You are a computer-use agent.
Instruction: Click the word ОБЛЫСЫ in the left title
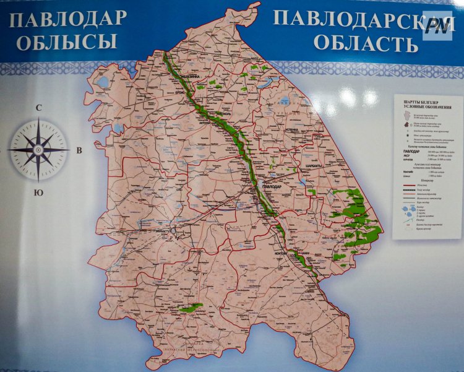[x=67, y=42]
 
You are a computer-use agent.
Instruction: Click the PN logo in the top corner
[x=438, y=25]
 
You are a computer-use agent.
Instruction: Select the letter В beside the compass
[x=79, y=150]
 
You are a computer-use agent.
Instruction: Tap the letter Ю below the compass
[x=38, y=193]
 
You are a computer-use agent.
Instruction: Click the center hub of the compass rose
[x=38, y=150]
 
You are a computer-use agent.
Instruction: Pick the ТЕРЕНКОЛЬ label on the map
[x=225, y=115]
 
